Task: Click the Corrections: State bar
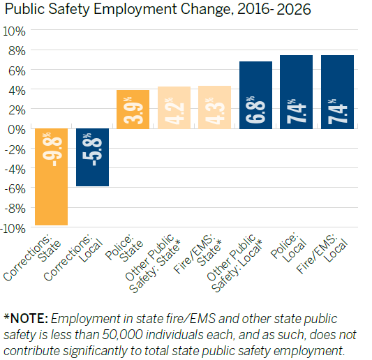pyautogui.click(x=51, y=177)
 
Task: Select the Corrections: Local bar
pyautogui.click(x=93, y=157)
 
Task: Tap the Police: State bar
pyautogui.click(x=133, y=110)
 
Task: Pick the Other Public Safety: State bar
pyautogui.click(x=174, y=107)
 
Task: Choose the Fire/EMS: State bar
pyautogui.click(x=214, y=107)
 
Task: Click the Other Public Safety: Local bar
pyautogui.click(x=255, y=95)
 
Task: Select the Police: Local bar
pyautogui.click(x=297, y=92)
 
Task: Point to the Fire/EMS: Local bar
pyautogui.click(x=337, y=92)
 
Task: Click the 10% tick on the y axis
pyautogui.click(x=14, y=31)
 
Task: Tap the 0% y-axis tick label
pyautogui.click(x=17, y=130)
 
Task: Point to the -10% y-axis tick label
pyautogui.click(x=13, y=229)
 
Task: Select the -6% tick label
pyautogui.click(x=15, y=189)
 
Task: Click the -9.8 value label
pyautogui.click(x=52, y=149)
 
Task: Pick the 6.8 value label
pyautogui.click(x=255, y=110)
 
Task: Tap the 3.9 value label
pyautogui.click(x=133, y=110)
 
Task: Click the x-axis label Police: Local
pyautogui.click(x=288, y=247)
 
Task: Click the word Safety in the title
pyautogui.click(x=69, y=9)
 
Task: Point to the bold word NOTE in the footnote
pyautogui.click(x=29, y=319)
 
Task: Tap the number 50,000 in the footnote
pyautogui.click(x=123, y=335)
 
